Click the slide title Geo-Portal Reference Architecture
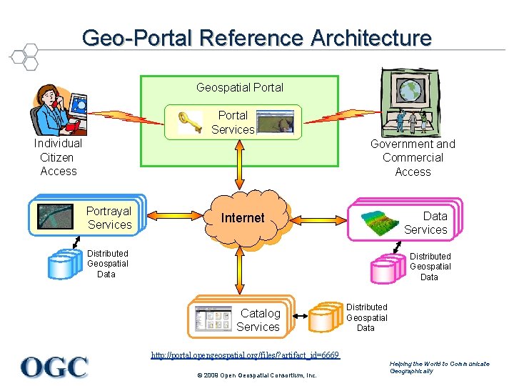(256, 37)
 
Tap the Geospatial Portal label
(240, 87)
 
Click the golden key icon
(189, 121)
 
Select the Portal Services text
(233, 122)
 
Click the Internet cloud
(243, 218)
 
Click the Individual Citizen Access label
(58, 157)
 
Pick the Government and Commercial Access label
(413, 158)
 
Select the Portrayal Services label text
(109, 218)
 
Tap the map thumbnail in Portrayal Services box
(56, 216)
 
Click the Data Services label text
(426, 223)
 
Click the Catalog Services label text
(258, 320)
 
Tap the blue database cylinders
(62, 264)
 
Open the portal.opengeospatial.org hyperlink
(245, 355)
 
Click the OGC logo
(54, 367)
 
